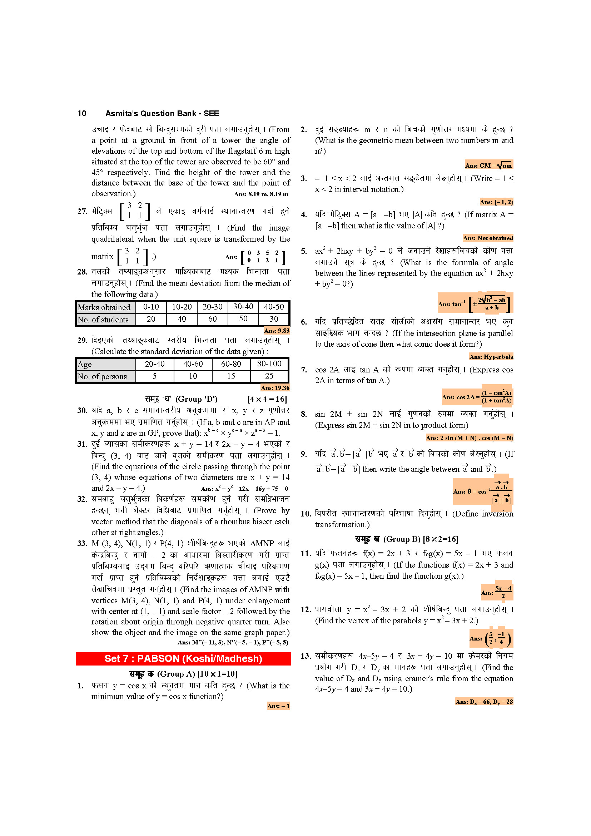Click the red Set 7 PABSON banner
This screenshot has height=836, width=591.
coord(183,658)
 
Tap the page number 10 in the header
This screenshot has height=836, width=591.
coord(82,114)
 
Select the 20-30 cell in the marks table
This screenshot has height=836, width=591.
coord(213,307)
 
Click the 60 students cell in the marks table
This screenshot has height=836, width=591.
coord(213,319)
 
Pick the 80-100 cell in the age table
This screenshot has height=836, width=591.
coord(269,364)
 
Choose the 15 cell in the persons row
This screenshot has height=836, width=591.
coord(231,376)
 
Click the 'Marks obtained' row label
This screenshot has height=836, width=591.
coord(104,307)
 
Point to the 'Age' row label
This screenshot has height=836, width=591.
coord(85,364)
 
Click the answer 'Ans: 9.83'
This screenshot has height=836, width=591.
coord(277,331)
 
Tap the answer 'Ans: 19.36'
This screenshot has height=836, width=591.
coord(275,388)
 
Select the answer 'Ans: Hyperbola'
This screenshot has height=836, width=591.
coord(491,357)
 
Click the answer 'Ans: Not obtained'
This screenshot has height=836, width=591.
coord(488,238)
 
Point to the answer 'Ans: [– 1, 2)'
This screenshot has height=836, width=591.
coord(496,202)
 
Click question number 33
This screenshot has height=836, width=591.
coord(82,543)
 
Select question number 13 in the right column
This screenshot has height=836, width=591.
coord(306,656)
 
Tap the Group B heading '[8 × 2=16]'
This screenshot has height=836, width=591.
coord(441,539)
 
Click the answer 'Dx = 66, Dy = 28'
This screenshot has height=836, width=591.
coord(484,702)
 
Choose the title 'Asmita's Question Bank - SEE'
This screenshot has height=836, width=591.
coord(162,114)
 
